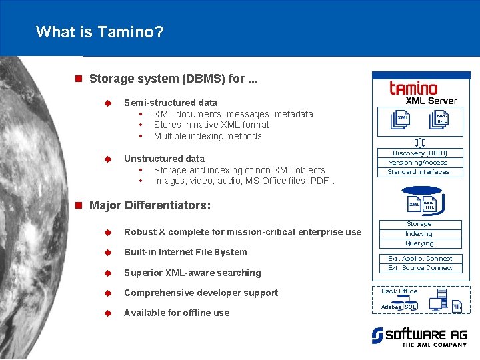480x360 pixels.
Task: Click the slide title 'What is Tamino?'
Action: [100, 31]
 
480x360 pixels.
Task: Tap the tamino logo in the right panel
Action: [413, 87]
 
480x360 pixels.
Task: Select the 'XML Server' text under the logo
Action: [431, 101]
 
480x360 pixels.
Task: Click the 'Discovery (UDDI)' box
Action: [419, 153]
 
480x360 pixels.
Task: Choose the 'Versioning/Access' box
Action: [419, 163]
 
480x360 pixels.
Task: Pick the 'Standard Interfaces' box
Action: [419, 172]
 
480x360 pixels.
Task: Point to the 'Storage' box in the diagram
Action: [419, 225]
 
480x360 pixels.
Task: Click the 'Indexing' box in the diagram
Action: [419, 234]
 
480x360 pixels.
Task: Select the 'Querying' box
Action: [419, 243]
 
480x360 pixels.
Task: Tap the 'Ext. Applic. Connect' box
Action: [420, 259]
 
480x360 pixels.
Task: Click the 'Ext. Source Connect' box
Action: [420, 268]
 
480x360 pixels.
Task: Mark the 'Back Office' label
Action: [399, 291]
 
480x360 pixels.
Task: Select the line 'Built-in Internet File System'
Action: [185, 252]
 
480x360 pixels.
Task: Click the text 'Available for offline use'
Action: [177, 313]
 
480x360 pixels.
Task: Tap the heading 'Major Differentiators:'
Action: [150, 205]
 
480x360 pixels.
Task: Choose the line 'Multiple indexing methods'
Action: [207, 136]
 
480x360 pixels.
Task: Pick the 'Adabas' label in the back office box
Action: [391, 307]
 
